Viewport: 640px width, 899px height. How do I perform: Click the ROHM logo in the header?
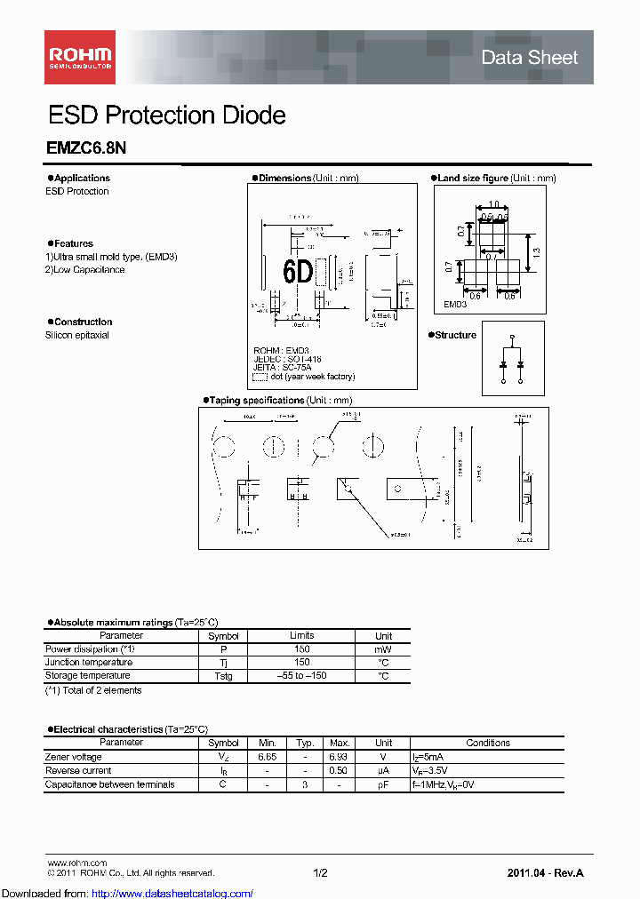click(78, 57)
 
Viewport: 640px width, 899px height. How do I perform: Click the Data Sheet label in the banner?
click(529, 58)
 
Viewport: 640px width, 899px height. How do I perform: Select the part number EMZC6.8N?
click(86, 151)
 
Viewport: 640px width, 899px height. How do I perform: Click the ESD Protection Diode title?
click(166, 115)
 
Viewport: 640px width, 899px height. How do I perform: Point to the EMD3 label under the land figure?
click(456, 305)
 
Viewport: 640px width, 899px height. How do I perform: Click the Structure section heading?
click(455, 335)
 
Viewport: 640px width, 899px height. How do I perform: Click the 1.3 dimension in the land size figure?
click(535, 252)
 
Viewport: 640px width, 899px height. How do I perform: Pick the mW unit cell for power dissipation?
click(383, 649)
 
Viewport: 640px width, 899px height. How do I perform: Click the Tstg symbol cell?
click(223, 676)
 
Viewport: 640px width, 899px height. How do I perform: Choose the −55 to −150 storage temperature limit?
click(301, 676)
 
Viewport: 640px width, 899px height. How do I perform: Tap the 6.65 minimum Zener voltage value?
click(268, 757)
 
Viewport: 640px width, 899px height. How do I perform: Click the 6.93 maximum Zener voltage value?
click(339, 757)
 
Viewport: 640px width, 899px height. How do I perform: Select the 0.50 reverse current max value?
click(339, 770)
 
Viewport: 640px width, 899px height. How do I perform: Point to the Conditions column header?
click(488, 743)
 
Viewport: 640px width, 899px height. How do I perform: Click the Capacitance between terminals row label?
click(110, 784)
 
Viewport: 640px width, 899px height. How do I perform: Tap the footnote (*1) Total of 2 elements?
click(93, 690)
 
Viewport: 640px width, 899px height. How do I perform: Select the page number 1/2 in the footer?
click(320, 873)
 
